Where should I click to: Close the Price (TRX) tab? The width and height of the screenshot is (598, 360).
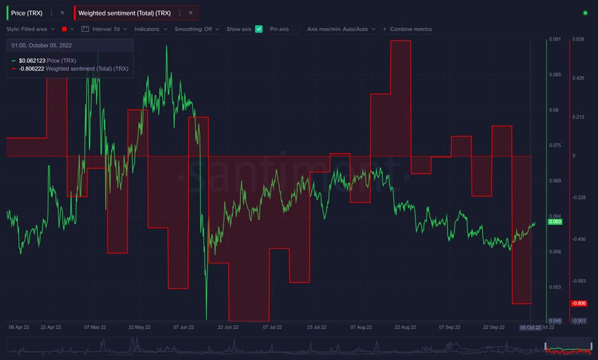(x=62, y=13)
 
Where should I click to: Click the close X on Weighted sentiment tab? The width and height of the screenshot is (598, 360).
(x=190, y=13)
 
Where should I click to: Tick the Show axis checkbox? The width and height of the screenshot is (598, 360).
(x=259, y=29)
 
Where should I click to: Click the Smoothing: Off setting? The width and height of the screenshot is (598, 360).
(x=197, y=29)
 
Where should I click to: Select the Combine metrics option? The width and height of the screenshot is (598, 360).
(x=410, y=29)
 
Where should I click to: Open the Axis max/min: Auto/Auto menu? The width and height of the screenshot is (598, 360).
(x=341, y=29)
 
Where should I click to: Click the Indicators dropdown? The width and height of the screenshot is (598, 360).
(x=151, y=29)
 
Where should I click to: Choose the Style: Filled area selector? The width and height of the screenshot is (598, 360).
(x=31, y=29)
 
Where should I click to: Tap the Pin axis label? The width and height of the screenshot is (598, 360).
(x=279, y=29)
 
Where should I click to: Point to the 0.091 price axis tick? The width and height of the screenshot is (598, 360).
(x=554, y=39)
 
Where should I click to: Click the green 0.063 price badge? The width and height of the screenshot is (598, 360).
(x=555, y=222)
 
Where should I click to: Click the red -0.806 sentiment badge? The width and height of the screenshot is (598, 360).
(x=579, y=303)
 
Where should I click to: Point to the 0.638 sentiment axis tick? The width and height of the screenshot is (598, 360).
(x=578, y=39)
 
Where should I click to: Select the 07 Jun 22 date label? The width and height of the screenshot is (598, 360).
(x=184, y=327)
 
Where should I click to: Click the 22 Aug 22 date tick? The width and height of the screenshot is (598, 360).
(x=405, y=327)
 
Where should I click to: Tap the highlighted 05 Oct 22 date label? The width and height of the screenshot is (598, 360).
(x=530, y=327)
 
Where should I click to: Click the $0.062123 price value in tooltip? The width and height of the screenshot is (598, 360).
(x=32, y=61)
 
